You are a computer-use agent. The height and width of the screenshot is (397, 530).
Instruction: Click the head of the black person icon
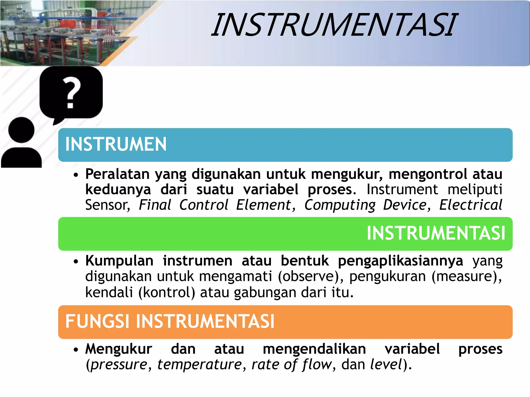click(x=21, y=130)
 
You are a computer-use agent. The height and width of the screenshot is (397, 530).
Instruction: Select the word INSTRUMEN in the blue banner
click(x=116, y=144)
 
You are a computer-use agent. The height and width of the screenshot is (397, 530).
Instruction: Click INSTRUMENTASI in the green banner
click(x=436, y=233)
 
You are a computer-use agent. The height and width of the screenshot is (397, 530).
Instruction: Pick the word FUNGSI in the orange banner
click(x=97, y=322)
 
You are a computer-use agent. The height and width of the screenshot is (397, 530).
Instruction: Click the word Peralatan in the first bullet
click(x=117, y=174)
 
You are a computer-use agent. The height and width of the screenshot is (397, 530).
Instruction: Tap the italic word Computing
click(x=340, y=205)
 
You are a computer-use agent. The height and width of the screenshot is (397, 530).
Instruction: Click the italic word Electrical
click(x=470, y=205)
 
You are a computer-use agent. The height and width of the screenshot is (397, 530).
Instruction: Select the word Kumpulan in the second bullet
click(x=119, y=261)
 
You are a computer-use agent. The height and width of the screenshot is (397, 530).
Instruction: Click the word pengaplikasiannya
click(x=400, y=261)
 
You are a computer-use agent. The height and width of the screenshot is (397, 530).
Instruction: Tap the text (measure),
click(x=467, y=277)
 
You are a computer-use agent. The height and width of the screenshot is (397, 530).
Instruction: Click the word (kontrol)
click(x=167, y=293)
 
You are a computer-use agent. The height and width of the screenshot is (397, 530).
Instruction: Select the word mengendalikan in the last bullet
click(x=314, y=349)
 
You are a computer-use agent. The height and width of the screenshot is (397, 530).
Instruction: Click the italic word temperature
click(x=200, y=365)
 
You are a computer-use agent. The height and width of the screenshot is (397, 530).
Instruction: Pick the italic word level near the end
click(x=386, y=365)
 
